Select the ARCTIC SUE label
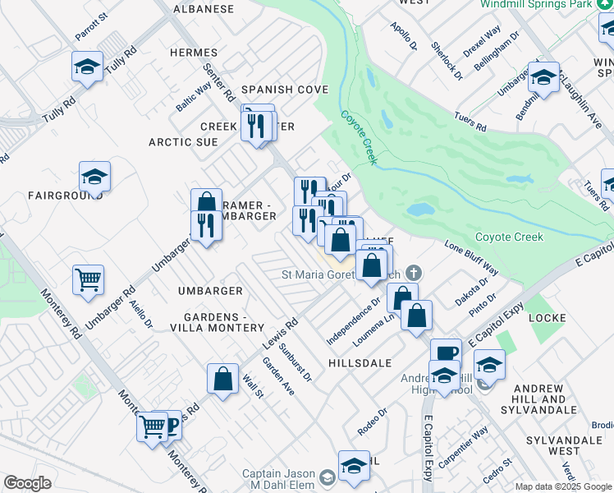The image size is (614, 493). coord(183,142)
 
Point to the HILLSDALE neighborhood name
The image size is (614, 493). coord(360,362)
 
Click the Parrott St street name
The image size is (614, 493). coord(91,28)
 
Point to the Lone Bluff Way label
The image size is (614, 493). coord(471,257)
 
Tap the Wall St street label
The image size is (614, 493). coord(251,385)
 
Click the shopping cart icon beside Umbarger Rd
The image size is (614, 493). coord(88,279)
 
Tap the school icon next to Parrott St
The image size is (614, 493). coord(88,66)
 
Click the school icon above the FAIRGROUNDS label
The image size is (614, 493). coord(95,175)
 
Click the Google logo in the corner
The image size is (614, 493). coord(27,483)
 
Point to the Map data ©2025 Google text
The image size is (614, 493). coord(562,486)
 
